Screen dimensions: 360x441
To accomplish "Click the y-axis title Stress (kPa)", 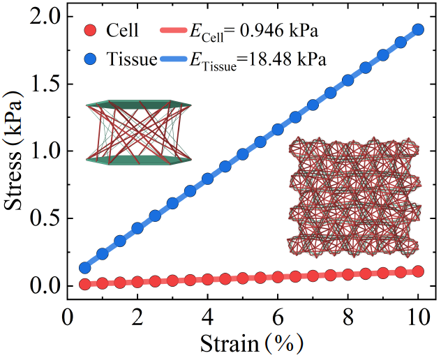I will pyautogui.click(x=15, y=150).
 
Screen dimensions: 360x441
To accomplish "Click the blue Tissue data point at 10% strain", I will pyautogui.click(x=418, y=29).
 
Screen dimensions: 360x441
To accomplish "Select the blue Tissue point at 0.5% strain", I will pyautogui.click(x=85, y=268).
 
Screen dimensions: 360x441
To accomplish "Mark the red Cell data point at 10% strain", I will pyautogui.click(x=418, y=271).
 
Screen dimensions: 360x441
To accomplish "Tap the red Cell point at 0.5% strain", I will pyautogui.click(x=85, y=284).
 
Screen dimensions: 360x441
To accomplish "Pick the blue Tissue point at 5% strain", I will pyautogui.click(x=243, y=153).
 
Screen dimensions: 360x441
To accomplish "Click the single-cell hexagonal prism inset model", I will pyautogui.click(x=137, y=132).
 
